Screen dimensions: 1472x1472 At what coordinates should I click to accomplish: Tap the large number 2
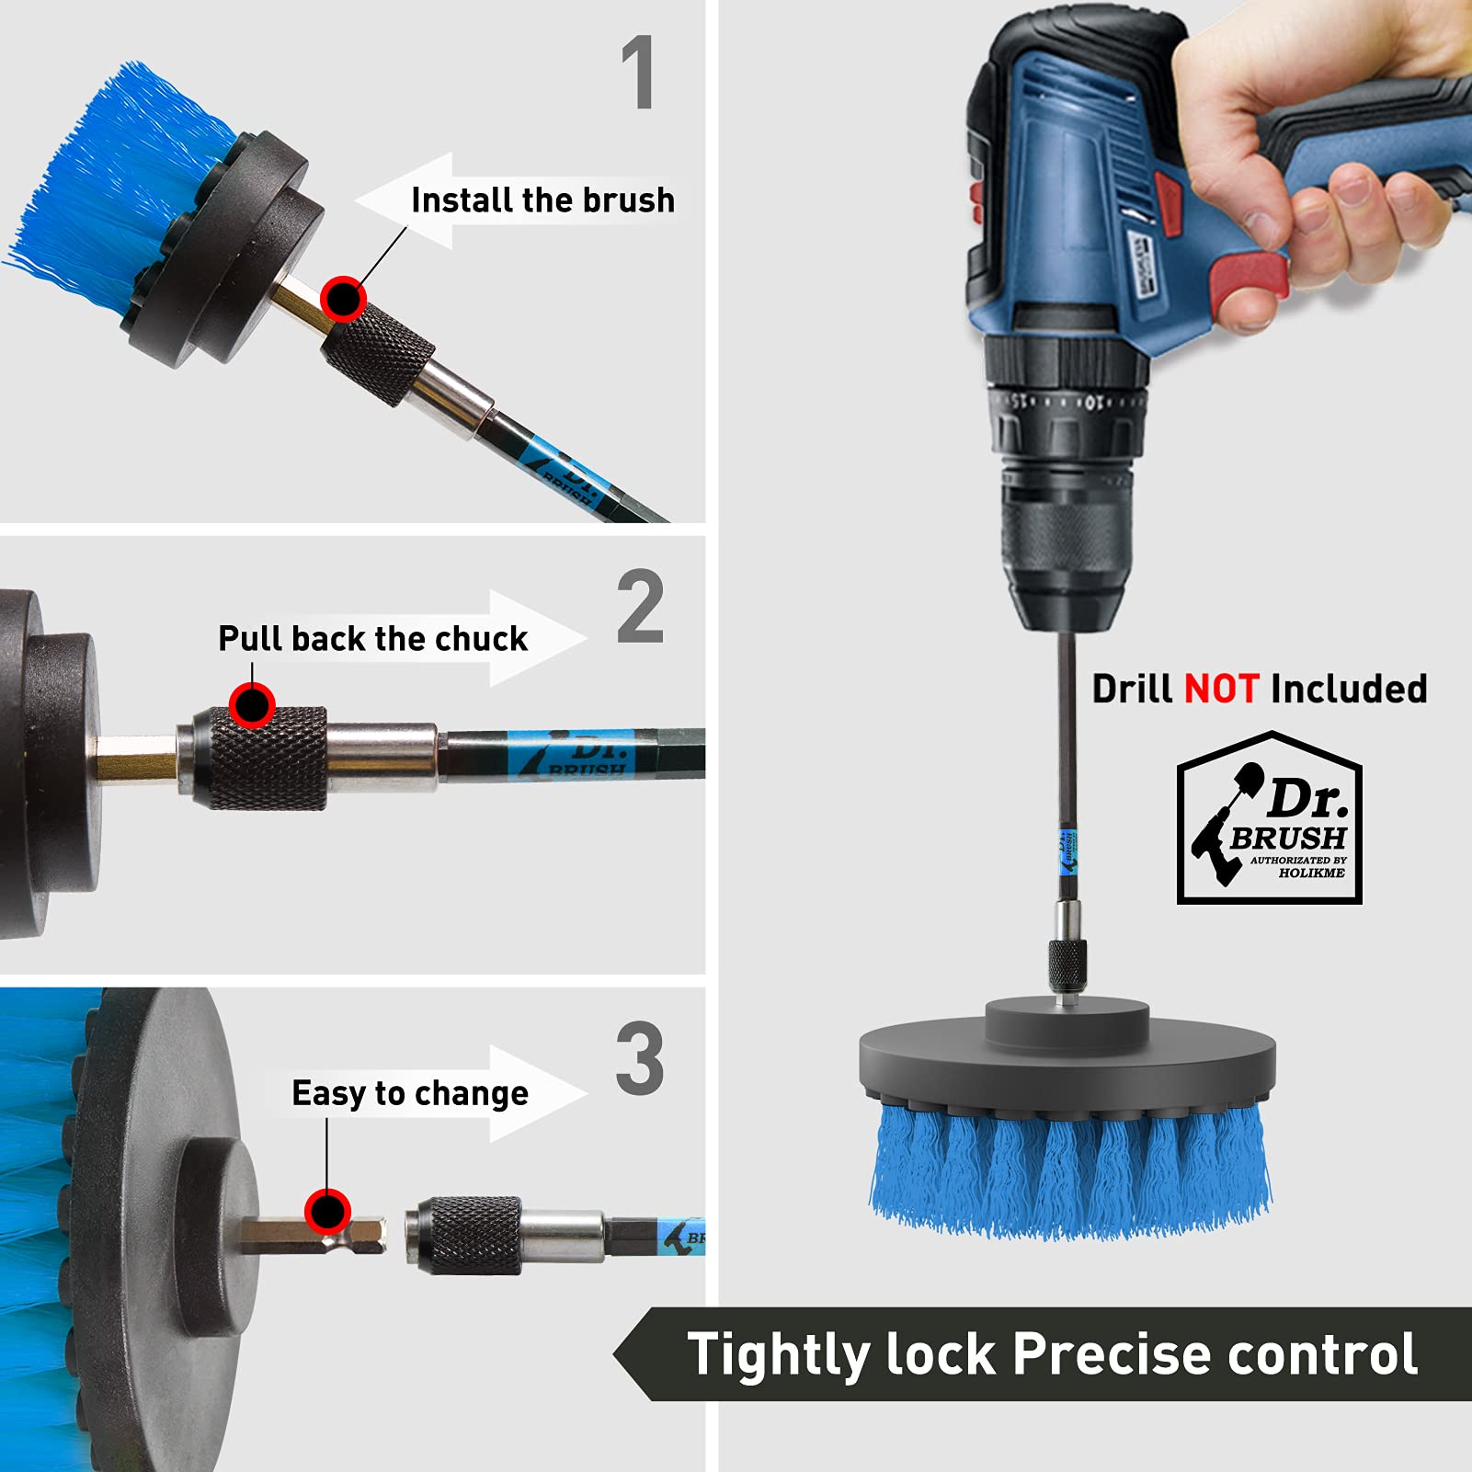(640, 606)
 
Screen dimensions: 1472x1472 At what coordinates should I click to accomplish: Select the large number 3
(640, 1058)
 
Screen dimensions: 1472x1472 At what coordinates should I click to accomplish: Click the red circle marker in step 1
(344, 299)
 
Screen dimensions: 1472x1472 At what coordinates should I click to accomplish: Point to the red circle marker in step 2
(252, 705)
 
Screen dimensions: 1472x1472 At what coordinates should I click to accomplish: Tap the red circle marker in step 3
(327, 1211)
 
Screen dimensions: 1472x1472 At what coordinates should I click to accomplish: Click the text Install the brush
(542, 200)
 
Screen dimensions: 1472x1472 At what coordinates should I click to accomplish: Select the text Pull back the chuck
(372, 638)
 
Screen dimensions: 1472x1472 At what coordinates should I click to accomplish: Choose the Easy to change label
(410, 1093)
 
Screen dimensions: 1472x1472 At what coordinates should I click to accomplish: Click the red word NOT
(1222, 689)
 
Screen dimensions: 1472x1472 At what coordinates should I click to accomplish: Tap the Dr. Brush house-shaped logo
(1270, 817)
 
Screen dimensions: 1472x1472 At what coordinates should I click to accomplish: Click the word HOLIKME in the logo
(1311, 873)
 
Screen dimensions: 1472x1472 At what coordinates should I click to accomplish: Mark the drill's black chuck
(1066, 552)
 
